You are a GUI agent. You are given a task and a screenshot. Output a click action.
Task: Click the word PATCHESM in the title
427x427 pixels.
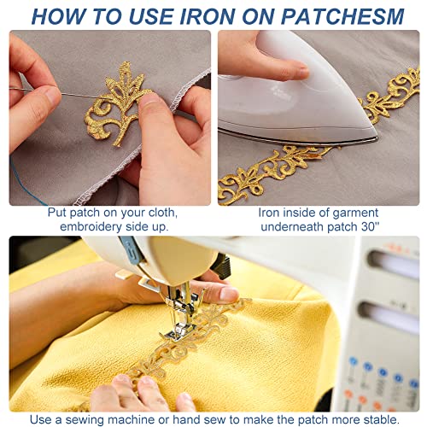[342, 17]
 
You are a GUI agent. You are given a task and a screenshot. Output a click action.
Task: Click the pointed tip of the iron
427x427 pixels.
[377, 138]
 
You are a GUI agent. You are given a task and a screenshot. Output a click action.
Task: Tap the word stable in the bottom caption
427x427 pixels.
[381, 419]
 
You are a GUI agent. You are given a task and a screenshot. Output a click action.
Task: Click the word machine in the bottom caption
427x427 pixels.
[137, 419]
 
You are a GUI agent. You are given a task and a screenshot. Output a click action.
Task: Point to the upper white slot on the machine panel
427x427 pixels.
[395, 264]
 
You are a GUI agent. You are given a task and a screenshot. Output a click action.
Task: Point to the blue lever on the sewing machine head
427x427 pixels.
[132, 250]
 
